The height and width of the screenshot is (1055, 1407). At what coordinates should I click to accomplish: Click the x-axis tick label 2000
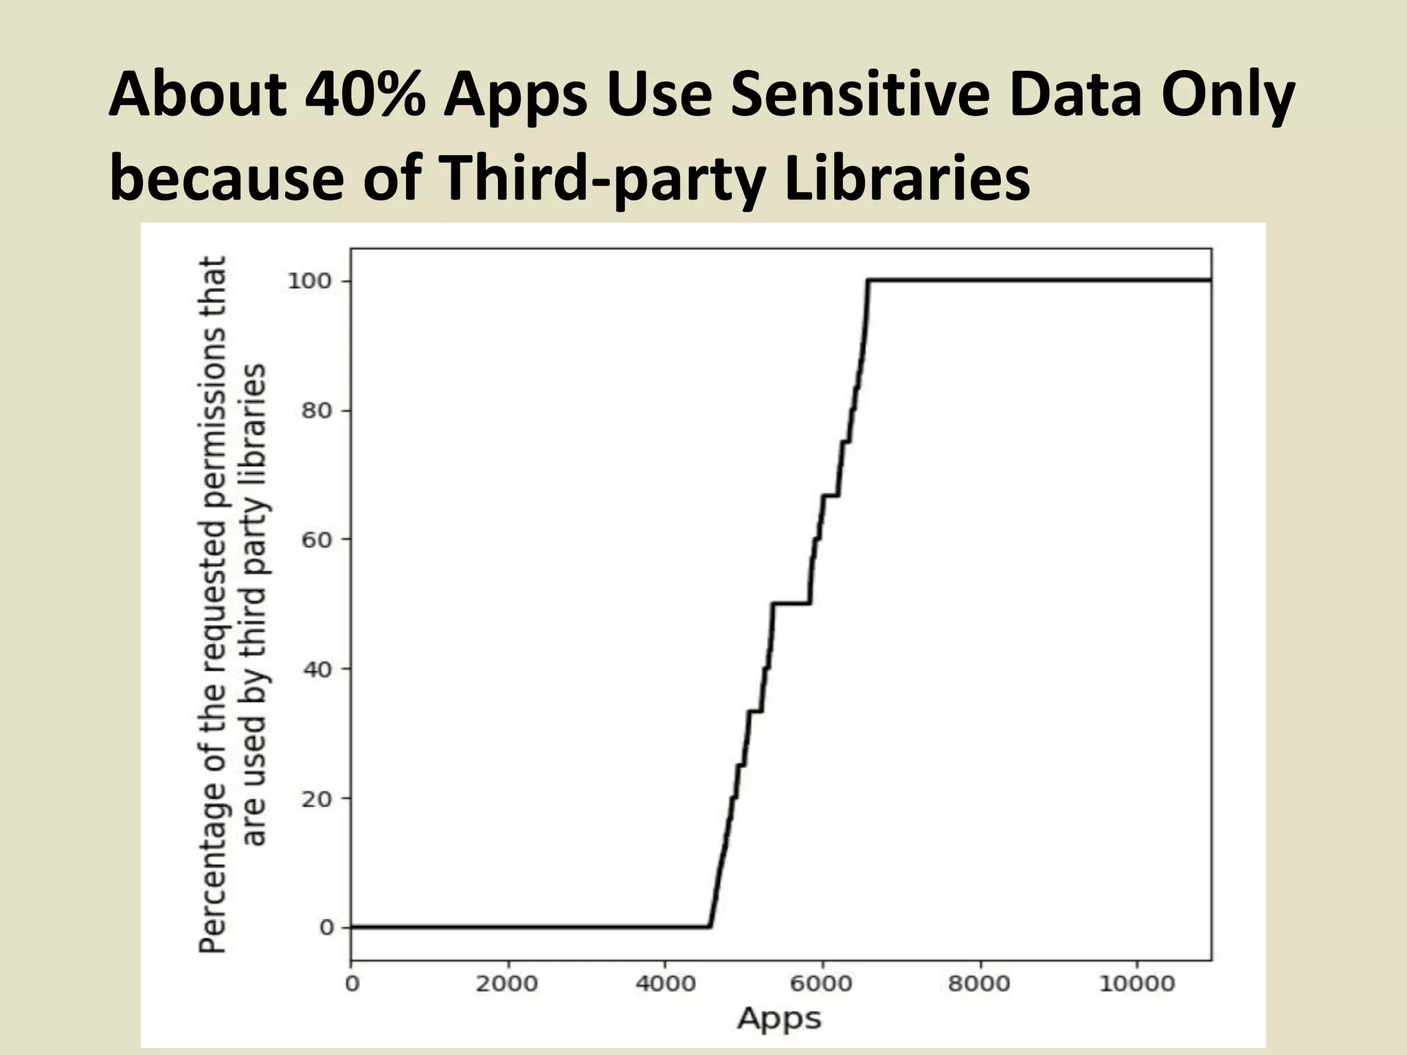tap(507, 984)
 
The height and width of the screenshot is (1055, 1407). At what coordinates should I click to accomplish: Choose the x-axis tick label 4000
tap(664, 984)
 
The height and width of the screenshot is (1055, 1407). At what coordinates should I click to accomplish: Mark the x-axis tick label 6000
tap(822, 984)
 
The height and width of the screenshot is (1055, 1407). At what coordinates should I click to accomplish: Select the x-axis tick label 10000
tap(1136, 984)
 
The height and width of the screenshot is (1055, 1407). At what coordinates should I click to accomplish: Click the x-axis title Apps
tap(780, 1019)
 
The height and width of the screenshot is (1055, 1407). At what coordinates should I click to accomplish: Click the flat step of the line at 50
tap(791, 603)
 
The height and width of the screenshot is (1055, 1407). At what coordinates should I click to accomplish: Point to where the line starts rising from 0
tap(710, 927)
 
